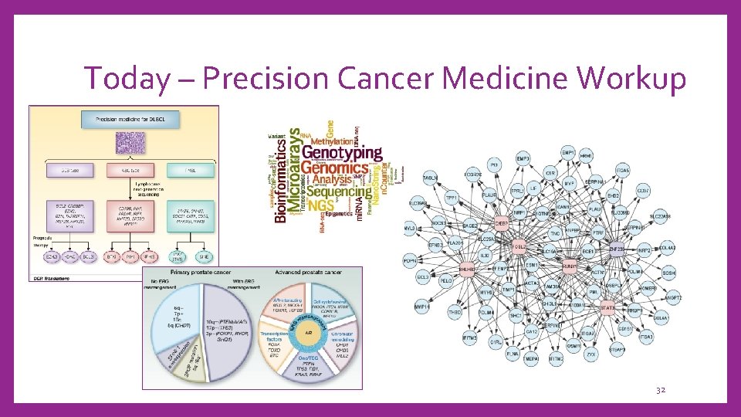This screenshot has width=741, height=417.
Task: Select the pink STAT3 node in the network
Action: click(x=608, y=308)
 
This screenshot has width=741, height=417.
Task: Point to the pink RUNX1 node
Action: click(x=570, y=266)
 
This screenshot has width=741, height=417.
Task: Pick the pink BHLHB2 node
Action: click(x=466, y=270)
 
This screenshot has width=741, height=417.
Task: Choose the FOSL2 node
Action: click(x=519, y=247)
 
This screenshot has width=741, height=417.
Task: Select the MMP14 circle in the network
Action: click(x=422, y=307)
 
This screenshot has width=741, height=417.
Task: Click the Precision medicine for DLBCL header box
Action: click(x=123, y=119)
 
